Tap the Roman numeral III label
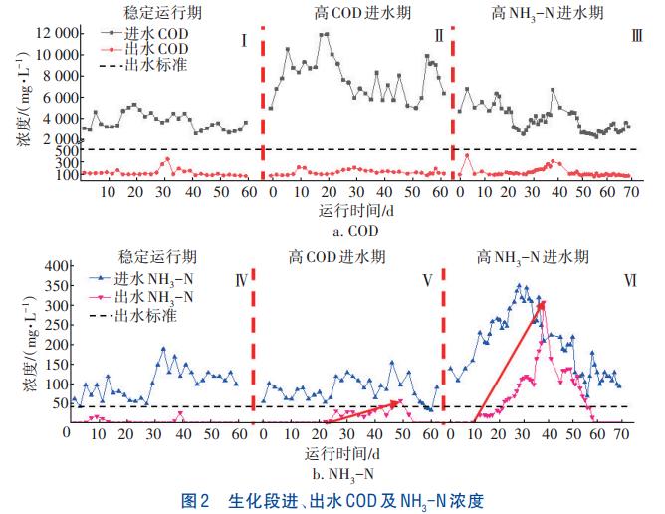click(x=636, y=37)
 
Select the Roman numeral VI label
click(x=630, y=280)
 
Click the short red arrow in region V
click(x=362, y=412)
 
